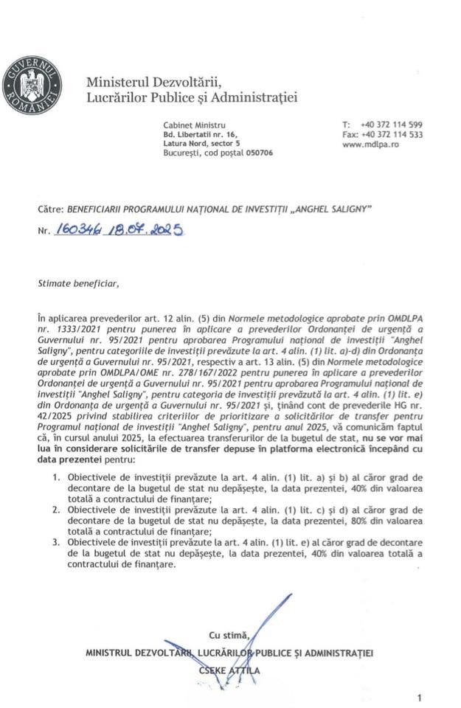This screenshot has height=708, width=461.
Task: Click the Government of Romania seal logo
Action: [32, 87]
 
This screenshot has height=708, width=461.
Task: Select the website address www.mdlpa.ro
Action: [371, 145]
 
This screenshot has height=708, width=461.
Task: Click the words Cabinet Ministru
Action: [195, 125]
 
